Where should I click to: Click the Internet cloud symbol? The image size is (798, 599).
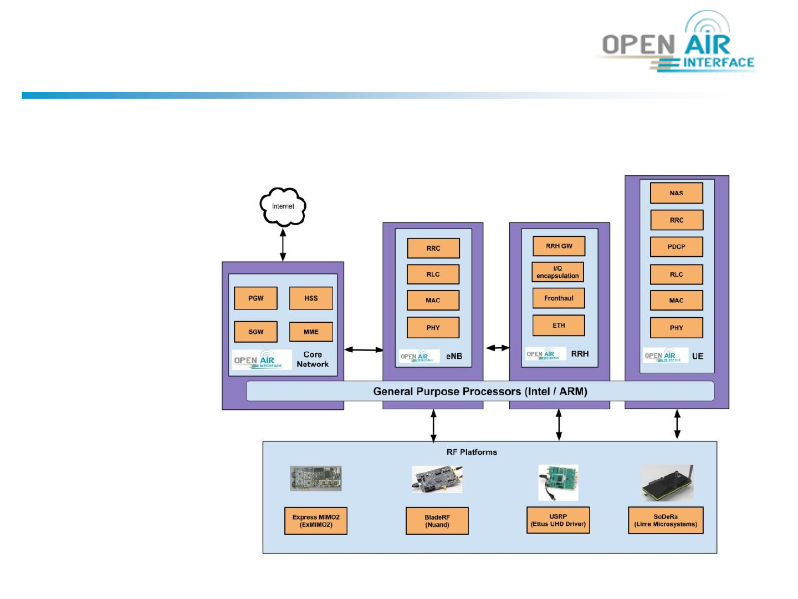283,206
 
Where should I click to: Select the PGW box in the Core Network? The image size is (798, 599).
255,298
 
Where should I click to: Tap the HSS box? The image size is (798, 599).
311,298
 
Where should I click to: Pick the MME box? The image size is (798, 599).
311,332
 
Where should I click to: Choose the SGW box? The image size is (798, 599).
255,332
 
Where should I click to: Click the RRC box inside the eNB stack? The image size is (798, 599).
433,248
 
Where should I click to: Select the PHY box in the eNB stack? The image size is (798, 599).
433,327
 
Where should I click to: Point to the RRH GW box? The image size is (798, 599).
559,246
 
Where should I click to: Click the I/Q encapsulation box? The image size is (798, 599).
557,272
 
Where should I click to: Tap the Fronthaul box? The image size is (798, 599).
559,298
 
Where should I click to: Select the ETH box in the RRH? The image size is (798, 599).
559,326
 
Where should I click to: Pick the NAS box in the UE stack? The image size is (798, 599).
676,193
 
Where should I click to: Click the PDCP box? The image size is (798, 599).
676,247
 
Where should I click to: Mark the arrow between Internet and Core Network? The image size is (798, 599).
283,245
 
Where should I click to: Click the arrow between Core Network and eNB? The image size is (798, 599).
364,349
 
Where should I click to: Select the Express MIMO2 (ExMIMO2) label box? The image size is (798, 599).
316,521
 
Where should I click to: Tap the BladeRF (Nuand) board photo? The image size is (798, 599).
437,479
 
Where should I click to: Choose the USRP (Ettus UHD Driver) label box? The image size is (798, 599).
558,520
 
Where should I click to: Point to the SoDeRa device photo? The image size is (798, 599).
667,483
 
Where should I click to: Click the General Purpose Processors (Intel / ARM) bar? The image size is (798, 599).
480,391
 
